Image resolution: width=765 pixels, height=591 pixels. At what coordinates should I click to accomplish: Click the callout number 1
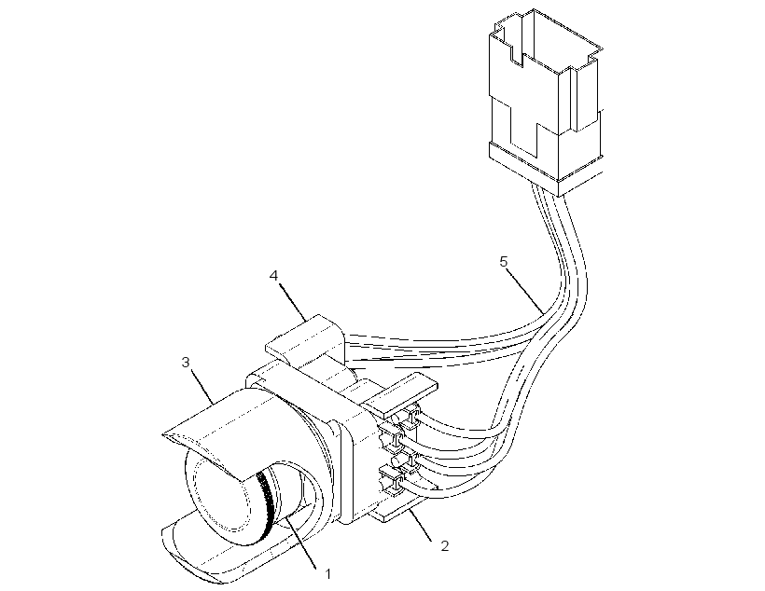coord(328,574)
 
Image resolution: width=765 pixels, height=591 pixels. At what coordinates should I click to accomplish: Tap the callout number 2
coord(444,545)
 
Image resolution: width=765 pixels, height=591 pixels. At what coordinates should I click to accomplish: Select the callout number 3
coord(186,363)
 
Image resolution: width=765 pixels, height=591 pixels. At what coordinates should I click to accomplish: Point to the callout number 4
coord(273,276)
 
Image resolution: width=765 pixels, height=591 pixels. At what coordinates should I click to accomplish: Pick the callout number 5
coord(504,262)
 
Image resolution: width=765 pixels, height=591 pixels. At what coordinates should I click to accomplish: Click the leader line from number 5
coord(526,291)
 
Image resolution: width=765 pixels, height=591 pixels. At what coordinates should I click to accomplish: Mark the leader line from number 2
coord(421,524)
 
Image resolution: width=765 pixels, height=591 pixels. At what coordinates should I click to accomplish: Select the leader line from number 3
coord(202,387)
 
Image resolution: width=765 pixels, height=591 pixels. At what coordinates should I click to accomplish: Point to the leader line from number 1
coord(301,543)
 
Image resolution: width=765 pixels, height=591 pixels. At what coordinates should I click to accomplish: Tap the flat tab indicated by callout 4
coord(305,339)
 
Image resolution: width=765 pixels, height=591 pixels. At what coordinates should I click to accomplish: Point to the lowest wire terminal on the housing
coord(391,480)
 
